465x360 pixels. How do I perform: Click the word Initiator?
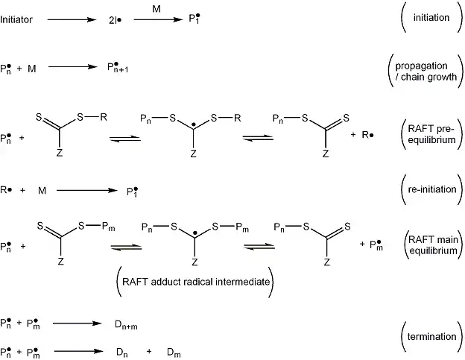16,19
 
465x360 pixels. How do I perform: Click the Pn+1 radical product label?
119,69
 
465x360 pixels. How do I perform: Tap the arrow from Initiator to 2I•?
73,19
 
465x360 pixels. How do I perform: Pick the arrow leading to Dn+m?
77,323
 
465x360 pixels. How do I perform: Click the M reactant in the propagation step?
32,69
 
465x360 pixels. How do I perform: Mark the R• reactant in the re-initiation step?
6,190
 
